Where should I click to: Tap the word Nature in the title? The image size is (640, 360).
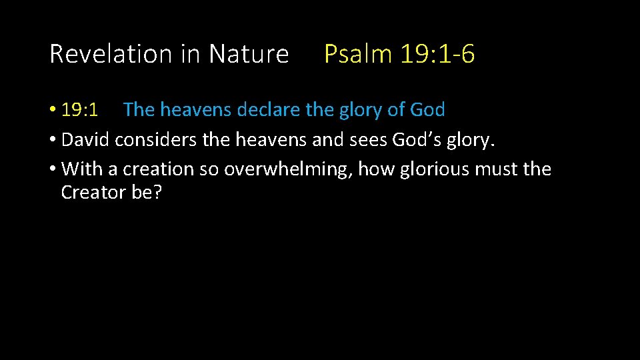tap(249, 54)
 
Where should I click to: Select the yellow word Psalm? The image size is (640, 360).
tap(358, 54)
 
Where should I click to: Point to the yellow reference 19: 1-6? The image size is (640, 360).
tap(438, 54)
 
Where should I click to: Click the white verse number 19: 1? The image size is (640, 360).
tap(80, 109)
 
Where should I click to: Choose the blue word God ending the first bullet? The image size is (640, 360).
tap(427, 109)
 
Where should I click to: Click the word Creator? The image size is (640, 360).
tap(90, 193)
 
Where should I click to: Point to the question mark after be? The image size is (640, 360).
tap(157, 193)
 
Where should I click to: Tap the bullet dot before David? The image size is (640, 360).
tap(52, 140)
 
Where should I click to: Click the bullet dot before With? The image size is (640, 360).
tap(52, 169)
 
